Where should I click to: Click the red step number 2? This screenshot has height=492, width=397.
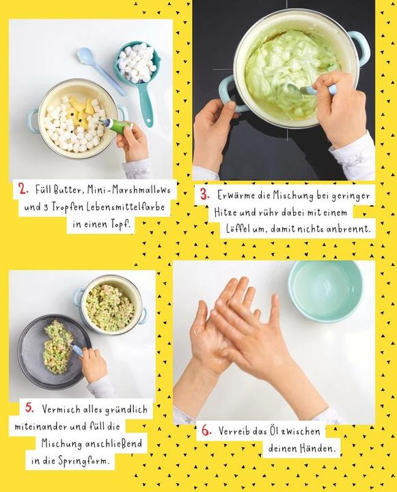coord(23,189)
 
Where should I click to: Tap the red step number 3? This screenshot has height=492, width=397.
coord(204,195)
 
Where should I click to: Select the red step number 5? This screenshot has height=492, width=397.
coord(30,408)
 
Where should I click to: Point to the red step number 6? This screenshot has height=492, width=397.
coord(206,430)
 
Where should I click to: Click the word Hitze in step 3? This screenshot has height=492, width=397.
coord(225,213)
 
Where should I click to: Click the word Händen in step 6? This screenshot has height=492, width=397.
coord(318,448)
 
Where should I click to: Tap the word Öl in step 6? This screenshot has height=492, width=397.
coord(274,430)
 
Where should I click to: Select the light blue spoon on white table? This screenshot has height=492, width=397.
coord(100,70)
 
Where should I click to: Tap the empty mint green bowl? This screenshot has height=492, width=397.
coord(325,291)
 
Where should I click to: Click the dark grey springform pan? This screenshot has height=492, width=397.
coord(54,351)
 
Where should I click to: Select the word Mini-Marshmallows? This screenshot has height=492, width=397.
coord(128,190)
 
